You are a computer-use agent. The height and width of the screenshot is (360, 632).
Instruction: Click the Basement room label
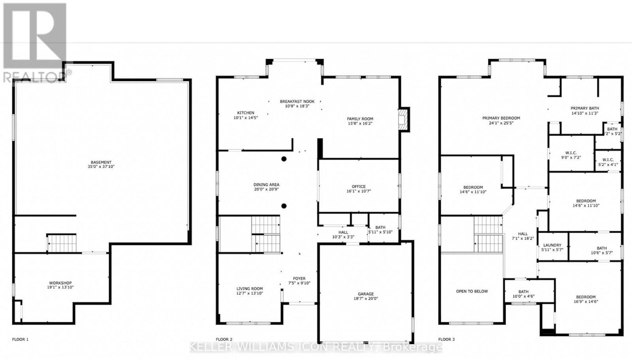(101, 162)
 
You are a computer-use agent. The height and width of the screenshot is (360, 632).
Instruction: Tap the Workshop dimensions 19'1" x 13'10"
(60, 287)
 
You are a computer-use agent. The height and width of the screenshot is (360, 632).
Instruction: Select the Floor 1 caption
(20, 339)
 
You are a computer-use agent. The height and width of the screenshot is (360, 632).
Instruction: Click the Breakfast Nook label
(297, 102)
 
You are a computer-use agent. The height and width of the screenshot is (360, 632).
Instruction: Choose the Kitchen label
(245, 113)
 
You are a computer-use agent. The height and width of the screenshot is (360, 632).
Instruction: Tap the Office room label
(359, 187)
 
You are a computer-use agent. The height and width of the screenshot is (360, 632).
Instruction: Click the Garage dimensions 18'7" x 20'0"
(366, 298)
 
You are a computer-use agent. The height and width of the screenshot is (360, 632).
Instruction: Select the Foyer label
(299, 279)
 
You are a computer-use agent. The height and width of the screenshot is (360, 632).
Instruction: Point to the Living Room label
(249, 288)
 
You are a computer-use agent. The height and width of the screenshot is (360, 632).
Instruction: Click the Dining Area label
(266, 185)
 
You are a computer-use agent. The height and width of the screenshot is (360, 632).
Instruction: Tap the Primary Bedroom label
(501, 118)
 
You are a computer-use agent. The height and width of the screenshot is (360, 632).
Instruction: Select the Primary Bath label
(585, 108)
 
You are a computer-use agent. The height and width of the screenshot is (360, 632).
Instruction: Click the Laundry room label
(552, 245)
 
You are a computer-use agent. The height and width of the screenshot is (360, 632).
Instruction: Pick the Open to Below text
(472, 291)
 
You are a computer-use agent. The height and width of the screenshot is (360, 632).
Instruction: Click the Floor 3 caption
(446, 339)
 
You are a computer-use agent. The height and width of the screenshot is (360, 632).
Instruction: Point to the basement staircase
(62, 243)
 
